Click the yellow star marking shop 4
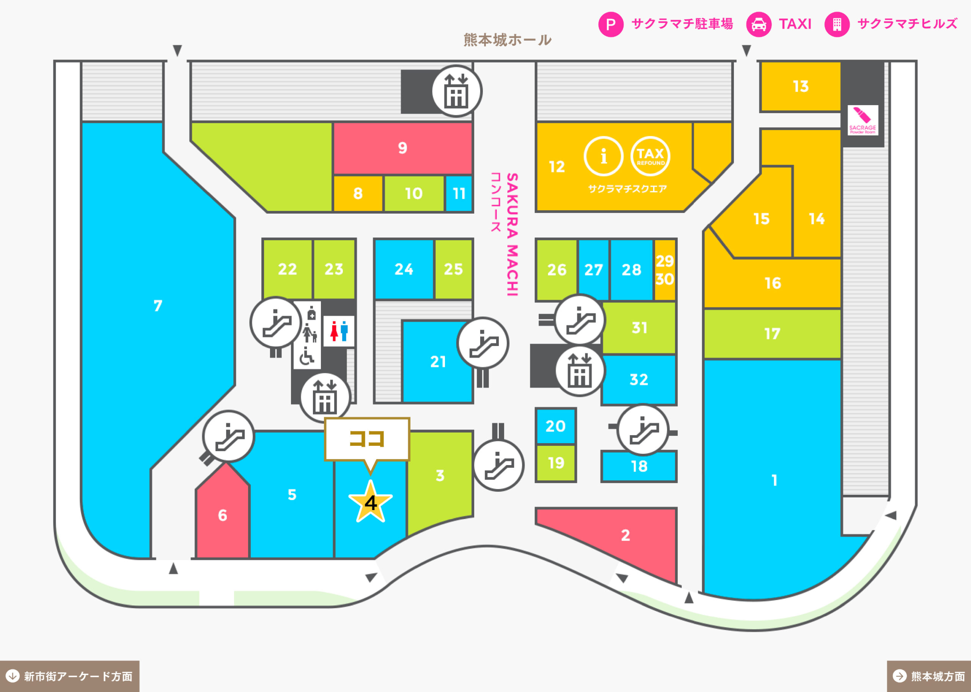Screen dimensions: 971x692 [370, 502]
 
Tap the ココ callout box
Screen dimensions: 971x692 [367, 439]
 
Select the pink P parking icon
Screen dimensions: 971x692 [611, 24]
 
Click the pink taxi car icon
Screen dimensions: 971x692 [759, 24]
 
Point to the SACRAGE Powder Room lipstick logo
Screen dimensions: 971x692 [863, 120]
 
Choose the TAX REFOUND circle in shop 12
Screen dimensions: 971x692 [650, 156]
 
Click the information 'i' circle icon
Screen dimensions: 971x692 [603, 156]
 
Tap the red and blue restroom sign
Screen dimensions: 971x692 [339, 331]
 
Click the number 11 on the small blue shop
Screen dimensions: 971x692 [459, 194]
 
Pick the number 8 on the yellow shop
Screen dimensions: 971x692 [358, 194]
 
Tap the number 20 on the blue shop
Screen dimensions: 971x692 [555, 426]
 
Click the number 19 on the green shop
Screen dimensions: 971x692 [556, 463]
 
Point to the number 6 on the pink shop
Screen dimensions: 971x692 [222, 516]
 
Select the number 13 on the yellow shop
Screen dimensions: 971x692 [801, 86]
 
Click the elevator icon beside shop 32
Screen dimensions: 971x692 [580, 371]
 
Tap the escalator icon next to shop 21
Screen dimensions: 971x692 [482, 343]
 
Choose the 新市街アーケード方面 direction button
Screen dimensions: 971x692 [69, 676]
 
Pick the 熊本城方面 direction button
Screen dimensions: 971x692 [929, 676]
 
